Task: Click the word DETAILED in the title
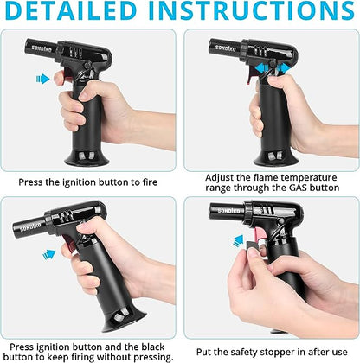(70, 11)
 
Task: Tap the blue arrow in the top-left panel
(42, 79)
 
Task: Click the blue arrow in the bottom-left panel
(48, 255)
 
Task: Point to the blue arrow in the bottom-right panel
(239, 241)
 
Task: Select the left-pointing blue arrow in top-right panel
(261, 68)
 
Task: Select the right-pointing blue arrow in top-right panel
(283, 68)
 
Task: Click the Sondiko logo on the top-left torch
(42, 48)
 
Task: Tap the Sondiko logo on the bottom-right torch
(228, 211)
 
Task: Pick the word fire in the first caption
(150, 182)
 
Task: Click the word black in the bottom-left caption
(153, 347)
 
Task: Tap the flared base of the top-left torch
(87, 158)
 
